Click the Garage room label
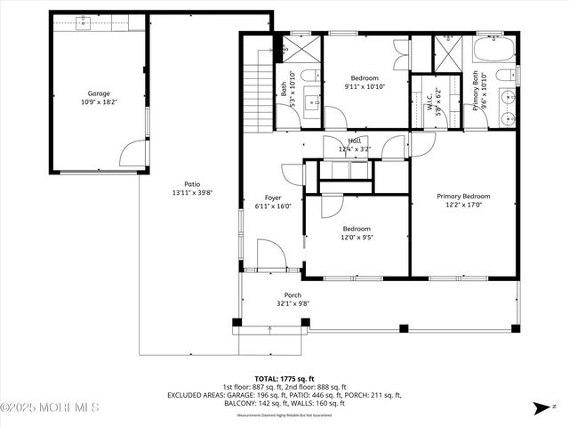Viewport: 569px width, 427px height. [98, 93]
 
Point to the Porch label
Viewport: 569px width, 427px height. [293, 295]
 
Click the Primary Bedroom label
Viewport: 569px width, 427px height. [462, 196]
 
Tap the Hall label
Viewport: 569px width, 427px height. [355, 141]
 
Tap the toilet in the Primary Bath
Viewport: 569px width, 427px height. [504, 75]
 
